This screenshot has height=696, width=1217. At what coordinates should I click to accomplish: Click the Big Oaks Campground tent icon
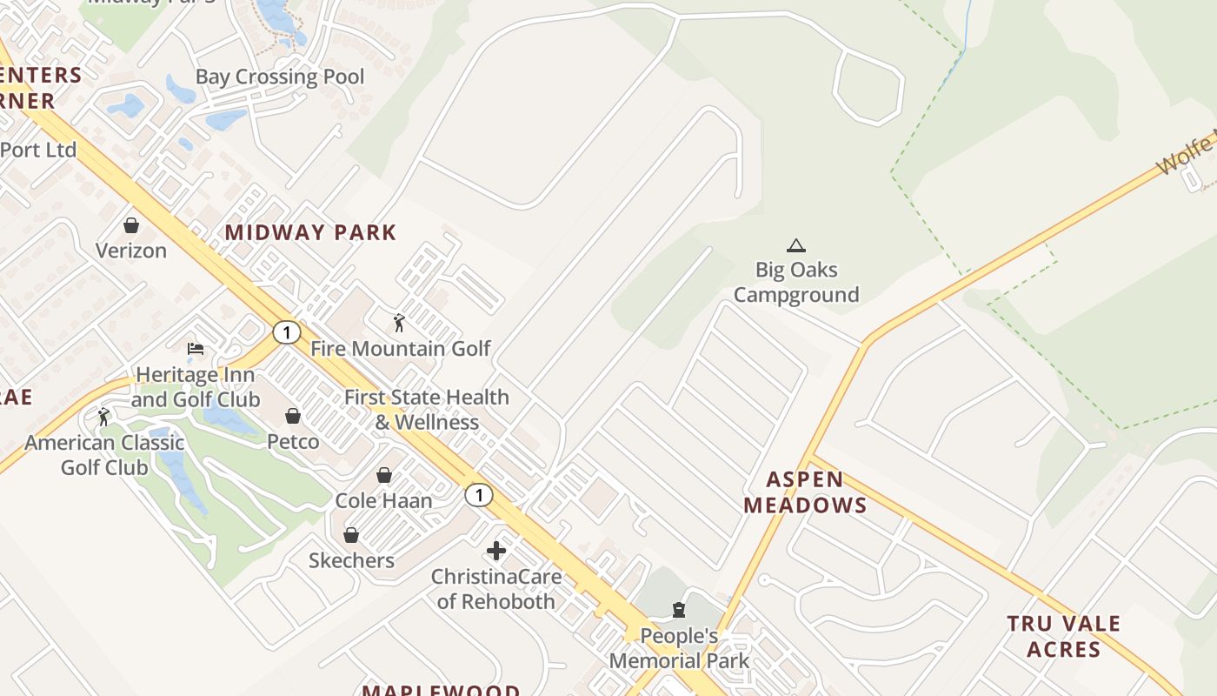pyautogui.click(x=795, y=245)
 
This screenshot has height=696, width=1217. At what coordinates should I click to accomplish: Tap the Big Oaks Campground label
pyautogui.click(x=795, y=283)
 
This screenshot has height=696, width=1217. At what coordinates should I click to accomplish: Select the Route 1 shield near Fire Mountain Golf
pyautogui.click(x=286, y=331)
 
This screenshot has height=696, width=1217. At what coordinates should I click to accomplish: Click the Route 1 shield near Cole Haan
pyautogui.click(x=478, y=495)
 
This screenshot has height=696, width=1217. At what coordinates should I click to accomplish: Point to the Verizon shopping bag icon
pyautogui.click(x=131, y=225)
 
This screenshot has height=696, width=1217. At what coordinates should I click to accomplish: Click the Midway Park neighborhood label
pyautogui.click(x=310, y=232)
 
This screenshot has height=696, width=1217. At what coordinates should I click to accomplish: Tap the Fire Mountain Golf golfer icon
pyautogui.click(x=399, y=323)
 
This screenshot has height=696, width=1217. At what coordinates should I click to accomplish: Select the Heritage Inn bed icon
pyautogui.click(x=196, y=349)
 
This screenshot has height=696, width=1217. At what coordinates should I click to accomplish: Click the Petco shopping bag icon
pyautogui.click(x=293, y=416)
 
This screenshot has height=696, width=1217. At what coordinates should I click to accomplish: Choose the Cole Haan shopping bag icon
pyautogui.click(x=384, y=475)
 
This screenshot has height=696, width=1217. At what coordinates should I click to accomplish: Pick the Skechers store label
pyautogui.click(x=351, y=560)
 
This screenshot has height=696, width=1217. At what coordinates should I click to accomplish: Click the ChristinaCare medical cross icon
pyautogui.click(x=496, y=551)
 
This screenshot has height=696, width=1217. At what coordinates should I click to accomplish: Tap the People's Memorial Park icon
pyautogui.click(x=679, y=609)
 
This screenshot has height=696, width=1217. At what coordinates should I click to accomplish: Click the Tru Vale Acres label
pyautogui.click(x=1064, y=636)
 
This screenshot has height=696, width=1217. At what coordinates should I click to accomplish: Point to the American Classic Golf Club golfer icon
pyautogui.click(x=104, y=417)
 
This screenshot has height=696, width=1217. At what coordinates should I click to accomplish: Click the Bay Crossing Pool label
pyautogui.click(x=280, y=77)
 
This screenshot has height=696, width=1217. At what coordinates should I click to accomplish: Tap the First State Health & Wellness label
pyautogui.click(x=427, y=409)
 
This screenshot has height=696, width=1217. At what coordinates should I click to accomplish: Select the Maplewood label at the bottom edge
pyautogui.click(x=441, y=690)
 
